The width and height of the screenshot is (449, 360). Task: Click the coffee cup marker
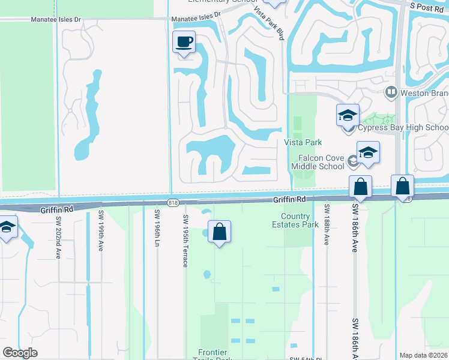click(x=184, y=43)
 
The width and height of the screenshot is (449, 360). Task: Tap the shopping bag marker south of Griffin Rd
click(x=220, y=232)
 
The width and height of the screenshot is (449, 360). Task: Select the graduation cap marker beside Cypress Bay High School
click(x=348, y=115)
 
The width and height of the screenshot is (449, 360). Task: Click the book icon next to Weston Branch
click(x=391, y=92)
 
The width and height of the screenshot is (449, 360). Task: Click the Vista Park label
click(x=303, y=142)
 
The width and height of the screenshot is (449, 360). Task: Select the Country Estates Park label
click(x=300, y=220)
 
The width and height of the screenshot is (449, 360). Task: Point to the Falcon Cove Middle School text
click(x=318, y=161)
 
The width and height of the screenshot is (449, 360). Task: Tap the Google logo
click(x=20, y=353)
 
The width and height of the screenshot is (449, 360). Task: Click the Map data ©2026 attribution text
click(x=424, y=355)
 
